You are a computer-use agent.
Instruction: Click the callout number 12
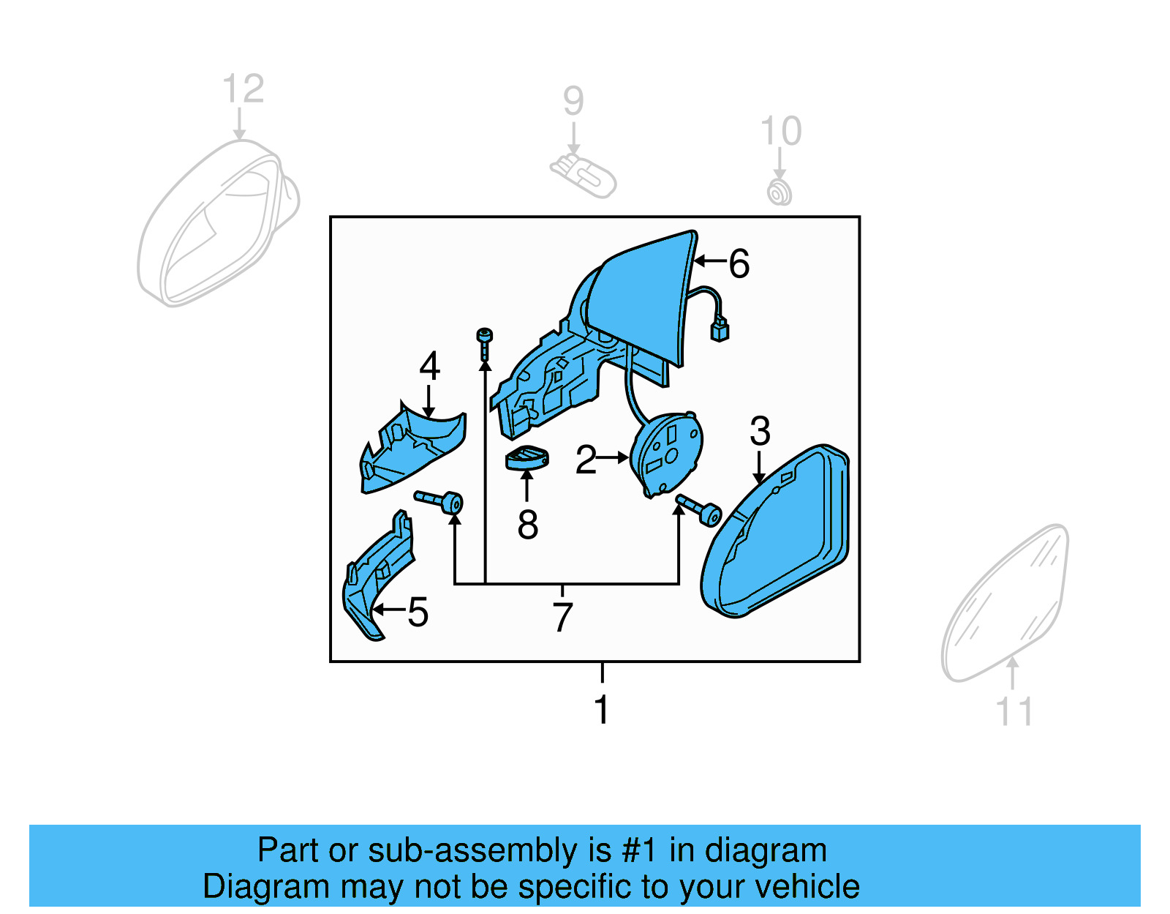[243, 89]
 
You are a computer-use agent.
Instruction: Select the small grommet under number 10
[779, 192]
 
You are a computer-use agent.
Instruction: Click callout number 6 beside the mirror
[739, 263]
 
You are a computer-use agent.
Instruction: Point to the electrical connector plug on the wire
[720, 330]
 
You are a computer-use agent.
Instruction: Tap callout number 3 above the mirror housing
[760, 431]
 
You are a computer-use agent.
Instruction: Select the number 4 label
[429, 366]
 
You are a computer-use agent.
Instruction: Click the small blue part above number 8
[526, 458]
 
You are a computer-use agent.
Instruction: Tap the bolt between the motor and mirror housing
[699, 509]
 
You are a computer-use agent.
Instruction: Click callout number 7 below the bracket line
[562, 618]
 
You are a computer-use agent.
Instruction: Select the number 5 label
[418, 612]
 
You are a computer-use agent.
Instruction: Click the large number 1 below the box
[601, 709]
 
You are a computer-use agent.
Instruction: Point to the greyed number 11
[1014, 711]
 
